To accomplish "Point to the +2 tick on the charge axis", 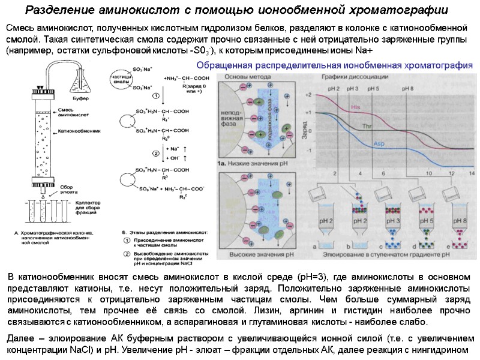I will (309, 95).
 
